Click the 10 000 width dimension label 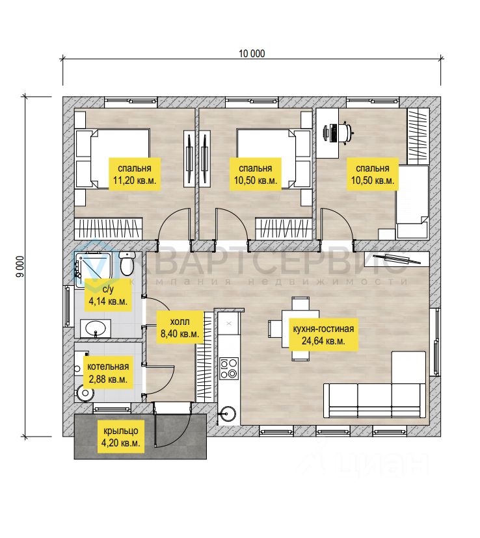point(252,53)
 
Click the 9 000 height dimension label point(21,266)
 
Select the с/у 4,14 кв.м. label point(108,295)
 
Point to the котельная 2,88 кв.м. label point(108,372)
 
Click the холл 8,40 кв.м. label point(180,327)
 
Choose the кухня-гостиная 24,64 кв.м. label point(323,335)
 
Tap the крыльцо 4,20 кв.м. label point(120,437)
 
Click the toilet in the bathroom point(127,264)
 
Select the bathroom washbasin point(96,328)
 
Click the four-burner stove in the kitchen point(229,368)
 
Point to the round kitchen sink point(228,413)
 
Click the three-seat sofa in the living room point(375,400)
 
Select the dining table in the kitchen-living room point(300,329)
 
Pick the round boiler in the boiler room point(85,393)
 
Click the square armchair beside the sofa point(408,366)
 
